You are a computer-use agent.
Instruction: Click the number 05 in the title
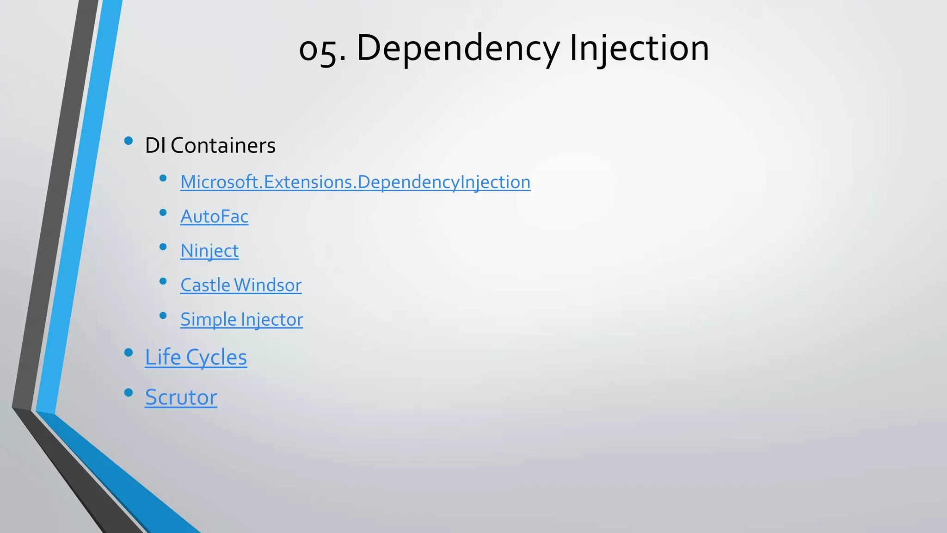click(x=320, y=49)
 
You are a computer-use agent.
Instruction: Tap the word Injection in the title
click(x=639, y=49)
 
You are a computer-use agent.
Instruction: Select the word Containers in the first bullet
click(x=223, y=146)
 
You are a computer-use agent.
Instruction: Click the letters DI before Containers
click(x=155, y=146)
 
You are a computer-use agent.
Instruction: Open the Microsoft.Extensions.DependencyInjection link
click(x=355, y=182)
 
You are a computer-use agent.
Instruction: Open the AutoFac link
click(x=214, y=217)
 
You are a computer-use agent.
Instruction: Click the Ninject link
click(x=209, y=251)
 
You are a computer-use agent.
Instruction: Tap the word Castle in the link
click(x=205, y=285)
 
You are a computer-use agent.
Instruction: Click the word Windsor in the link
click(x=268, y=285)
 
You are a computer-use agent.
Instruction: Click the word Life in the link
click(x=163, y=357)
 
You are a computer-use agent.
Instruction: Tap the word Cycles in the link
click(x=216, y=357)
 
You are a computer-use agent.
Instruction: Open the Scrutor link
click(x=181, y=397)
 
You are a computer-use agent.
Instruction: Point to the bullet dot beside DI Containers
click(x=129, y=141)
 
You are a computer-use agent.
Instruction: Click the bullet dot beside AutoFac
click(x=163, y=213)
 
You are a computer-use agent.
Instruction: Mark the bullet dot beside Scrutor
click(x=129, y=393)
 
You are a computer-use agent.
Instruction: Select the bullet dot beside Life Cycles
click(x=129, y=353)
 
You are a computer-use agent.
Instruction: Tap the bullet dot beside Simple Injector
click(x=163, y=316)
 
